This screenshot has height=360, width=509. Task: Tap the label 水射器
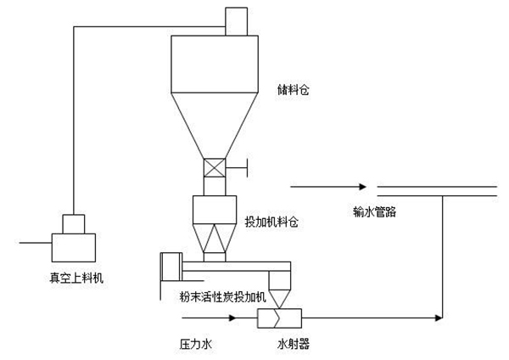click(x=284, y=346)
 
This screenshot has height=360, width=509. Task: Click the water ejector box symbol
click(x=279, y=318)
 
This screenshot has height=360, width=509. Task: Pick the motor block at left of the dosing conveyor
click(x=171, y=267)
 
